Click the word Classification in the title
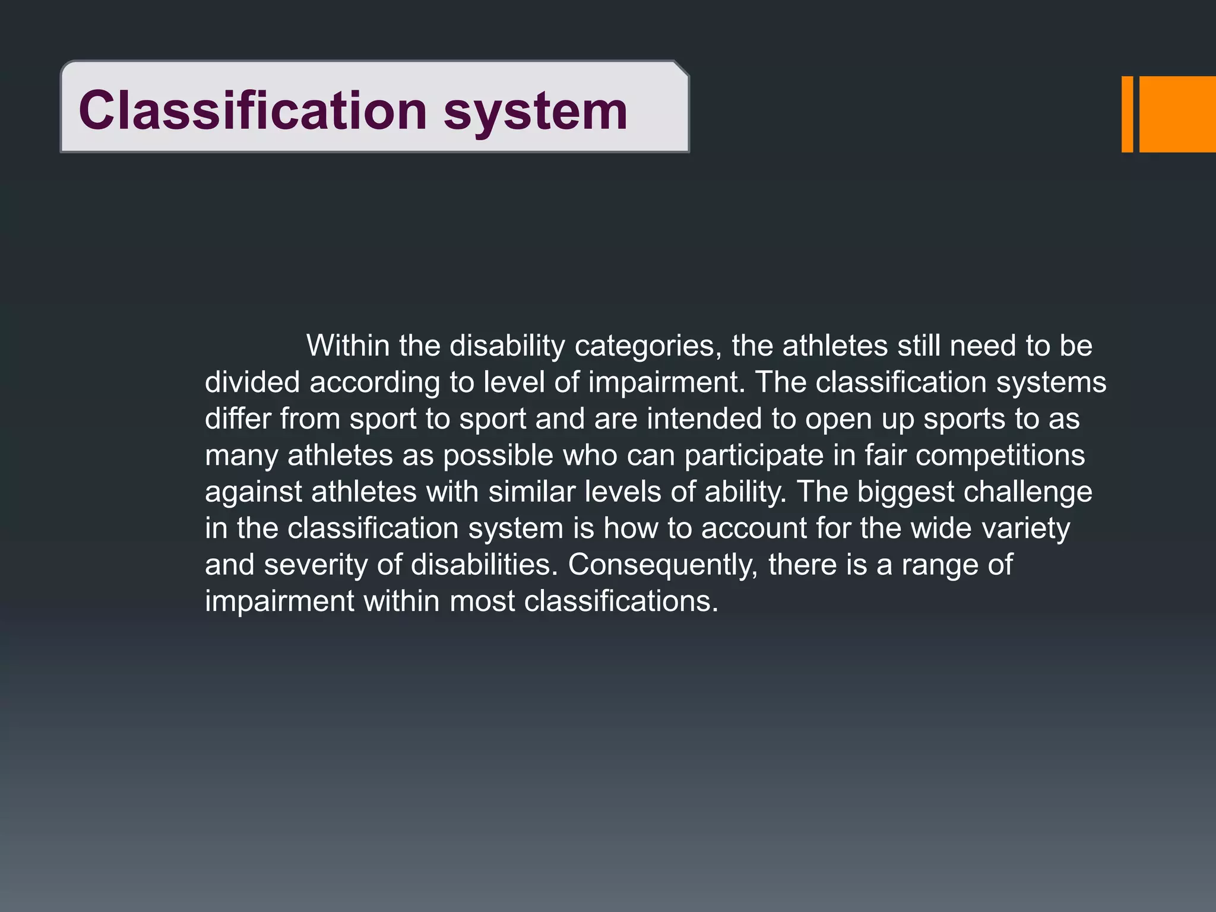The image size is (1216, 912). click(252, 110)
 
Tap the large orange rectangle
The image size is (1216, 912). click(1177, 114)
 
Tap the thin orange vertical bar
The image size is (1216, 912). click(1127, 114)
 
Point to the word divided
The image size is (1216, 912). click(252, 382)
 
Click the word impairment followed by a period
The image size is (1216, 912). click(666, 382)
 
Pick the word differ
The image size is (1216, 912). click(237, 419)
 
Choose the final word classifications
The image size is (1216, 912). click(620, 601)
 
